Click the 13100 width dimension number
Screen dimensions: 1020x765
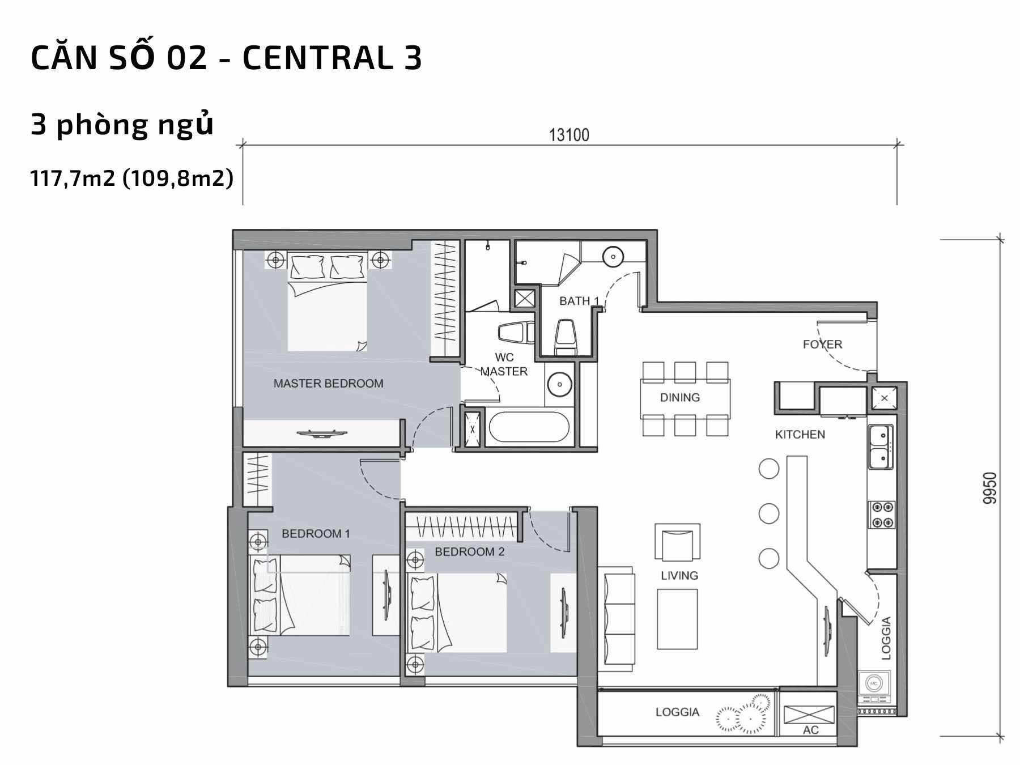pyautogui.click(x=569, y=135)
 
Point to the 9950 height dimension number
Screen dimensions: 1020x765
pyautogui.click(x=989, y=488)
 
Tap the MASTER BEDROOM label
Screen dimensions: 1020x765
pyautogui.click(x=329, y=384)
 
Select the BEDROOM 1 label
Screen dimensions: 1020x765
pyautogui.click(x=316, y=533)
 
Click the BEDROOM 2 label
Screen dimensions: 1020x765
pyautogui.click(x=470, y=551)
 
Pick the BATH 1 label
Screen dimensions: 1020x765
pyautogui.click(x=579, y=301)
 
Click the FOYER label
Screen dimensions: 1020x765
pyautogui.click(x=822, y=344)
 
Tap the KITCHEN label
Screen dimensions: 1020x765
pyautogui.click(x=800, y=435)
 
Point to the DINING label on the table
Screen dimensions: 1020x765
pyautogui.click(x=679, y=397)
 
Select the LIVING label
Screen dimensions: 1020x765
pyautogui.click(x=679, y=576)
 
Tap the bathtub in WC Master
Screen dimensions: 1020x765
pyautogui.click(x=529, y=427)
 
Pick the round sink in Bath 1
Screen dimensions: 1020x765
pyautogui.click(x=613, y=257)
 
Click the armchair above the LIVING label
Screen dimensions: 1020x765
pyautogui.click(x=677, y=542)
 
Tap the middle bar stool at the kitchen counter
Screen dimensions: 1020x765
pyautogui.click(x=768, y=513)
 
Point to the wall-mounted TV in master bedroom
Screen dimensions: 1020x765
pyautogui.click(x=320, y=434)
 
